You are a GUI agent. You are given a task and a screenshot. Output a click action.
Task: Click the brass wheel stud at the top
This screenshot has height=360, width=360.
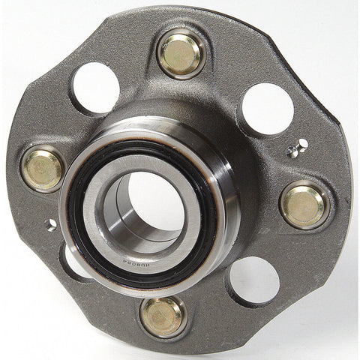pyautogui.click(x=180, y=54)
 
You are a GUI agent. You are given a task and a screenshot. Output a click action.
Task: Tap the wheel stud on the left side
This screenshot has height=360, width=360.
pyautogui.click(x=42, y=169)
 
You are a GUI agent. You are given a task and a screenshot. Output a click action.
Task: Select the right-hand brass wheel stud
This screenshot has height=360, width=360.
pyautogui.click(x=304, y=204)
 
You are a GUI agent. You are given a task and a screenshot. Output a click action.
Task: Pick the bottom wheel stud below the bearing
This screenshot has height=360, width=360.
pyautogui.click(x=161, y=316)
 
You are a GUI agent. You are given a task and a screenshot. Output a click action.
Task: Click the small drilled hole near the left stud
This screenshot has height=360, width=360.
pyautogui.click(x=52, y=224)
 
